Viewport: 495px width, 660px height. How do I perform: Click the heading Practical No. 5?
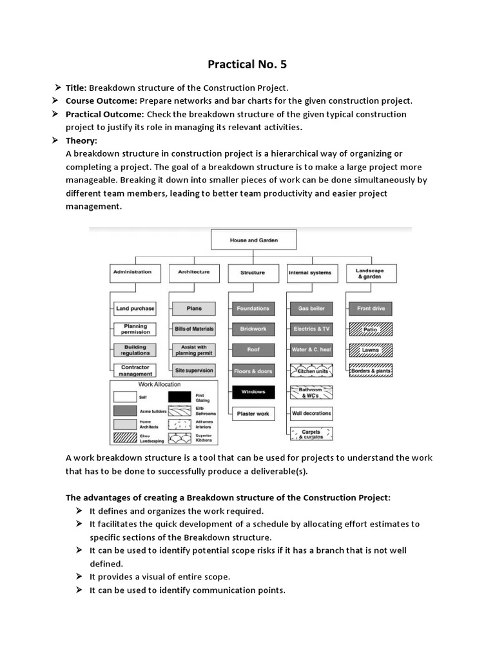click(247, 64)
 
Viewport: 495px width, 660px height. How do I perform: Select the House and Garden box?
click(254, 240)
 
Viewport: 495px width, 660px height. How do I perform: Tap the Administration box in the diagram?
click(132, 273)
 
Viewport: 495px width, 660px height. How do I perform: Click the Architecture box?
click(193, 273)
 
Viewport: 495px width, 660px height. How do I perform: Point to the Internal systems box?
click(310, 273)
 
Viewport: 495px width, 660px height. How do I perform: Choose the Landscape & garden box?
click(370, 273)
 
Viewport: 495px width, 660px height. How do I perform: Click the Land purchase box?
click(135, 309)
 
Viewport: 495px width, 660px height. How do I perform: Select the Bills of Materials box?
click(194, 329)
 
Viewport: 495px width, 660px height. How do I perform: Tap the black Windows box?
click(253, 392)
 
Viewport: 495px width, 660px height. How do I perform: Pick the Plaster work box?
click(253, 413)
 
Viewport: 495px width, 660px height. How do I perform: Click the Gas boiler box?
click(311, 309)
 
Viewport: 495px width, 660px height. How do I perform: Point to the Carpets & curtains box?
click(311, 434)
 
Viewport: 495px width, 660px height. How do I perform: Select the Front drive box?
click(371, 309)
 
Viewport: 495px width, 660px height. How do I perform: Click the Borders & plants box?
click(371, 371)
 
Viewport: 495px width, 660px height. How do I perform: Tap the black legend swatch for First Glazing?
click(180, 397)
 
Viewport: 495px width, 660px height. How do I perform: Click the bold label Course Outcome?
click(101, 101)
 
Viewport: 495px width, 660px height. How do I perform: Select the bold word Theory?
click(81, 141)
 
